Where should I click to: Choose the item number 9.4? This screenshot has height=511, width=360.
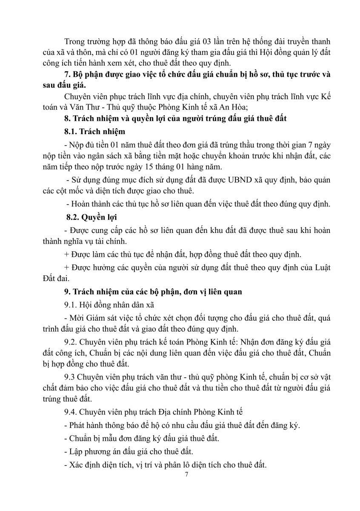pos(70,413)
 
